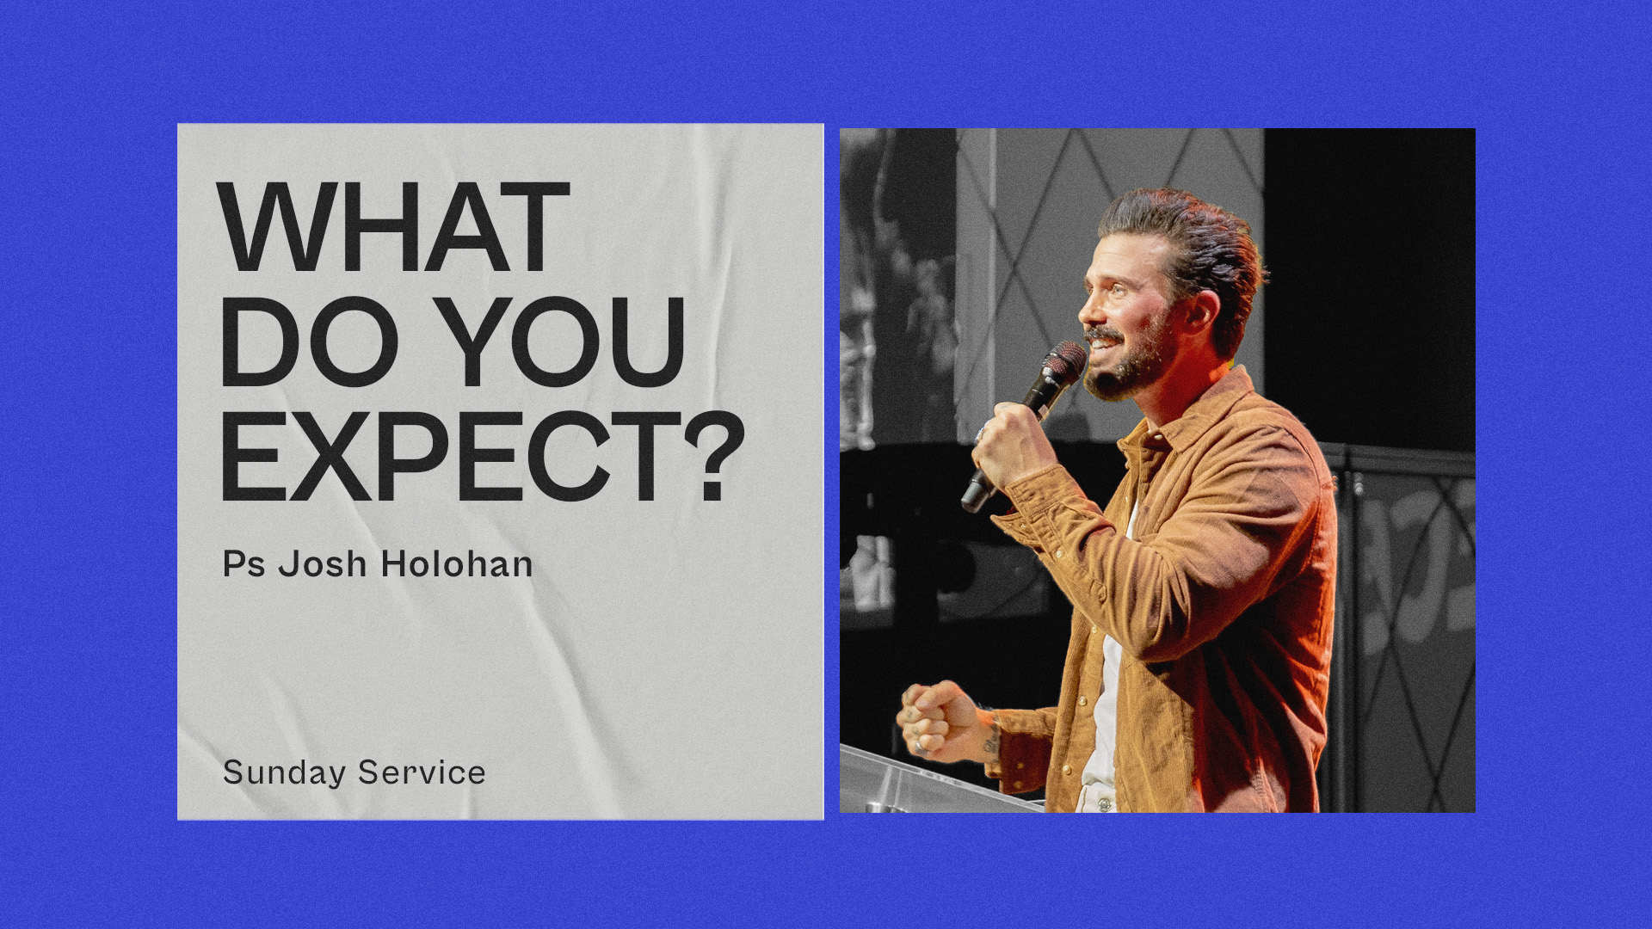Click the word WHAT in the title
click(393, 228)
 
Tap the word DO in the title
click(309, 341)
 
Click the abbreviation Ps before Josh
click(243, 564)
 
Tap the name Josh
click(323, 564)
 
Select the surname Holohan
click(457, 564)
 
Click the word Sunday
click(284, 772)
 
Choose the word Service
click(422, 772)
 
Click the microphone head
click(1063, 361)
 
